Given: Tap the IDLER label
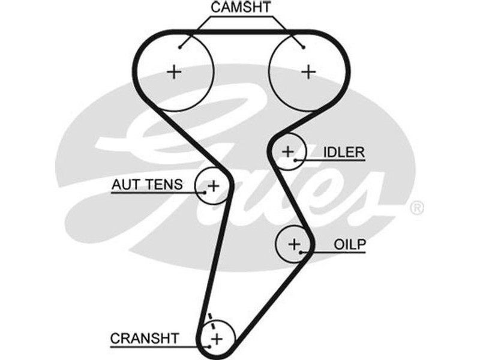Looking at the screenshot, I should point(343,152).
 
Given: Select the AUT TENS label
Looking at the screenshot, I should point(147,184).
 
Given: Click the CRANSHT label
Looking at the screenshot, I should point(144,338).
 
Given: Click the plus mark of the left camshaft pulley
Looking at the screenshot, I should point(174,72).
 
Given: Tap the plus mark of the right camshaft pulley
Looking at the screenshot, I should point(308,72).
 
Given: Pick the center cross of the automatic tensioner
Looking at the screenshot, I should point(213,186).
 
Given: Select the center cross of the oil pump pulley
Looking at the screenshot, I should point(294,244).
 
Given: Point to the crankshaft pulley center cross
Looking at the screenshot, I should point(216,339).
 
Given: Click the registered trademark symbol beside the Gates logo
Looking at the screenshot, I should point(416,208).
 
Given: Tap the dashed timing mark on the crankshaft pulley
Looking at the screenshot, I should point(211,319).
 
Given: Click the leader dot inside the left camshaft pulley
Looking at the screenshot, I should point(181,47).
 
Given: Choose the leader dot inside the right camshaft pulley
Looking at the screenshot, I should point(303,47).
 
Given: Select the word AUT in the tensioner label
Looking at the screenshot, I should point(123,184).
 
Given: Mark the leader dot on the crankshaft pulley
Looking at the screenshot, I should point(208,346).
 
